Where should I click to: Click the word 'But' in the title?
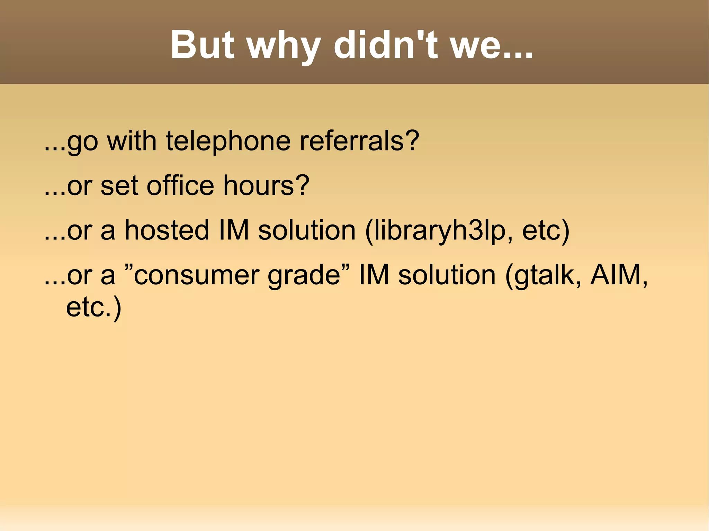coord(202,45)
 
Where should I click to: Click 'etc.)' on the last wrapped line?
coord(93,307)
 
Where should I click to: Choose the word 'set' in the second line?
coord(119,186)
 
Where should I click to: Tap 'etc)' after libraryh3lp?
coord(546,231)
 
